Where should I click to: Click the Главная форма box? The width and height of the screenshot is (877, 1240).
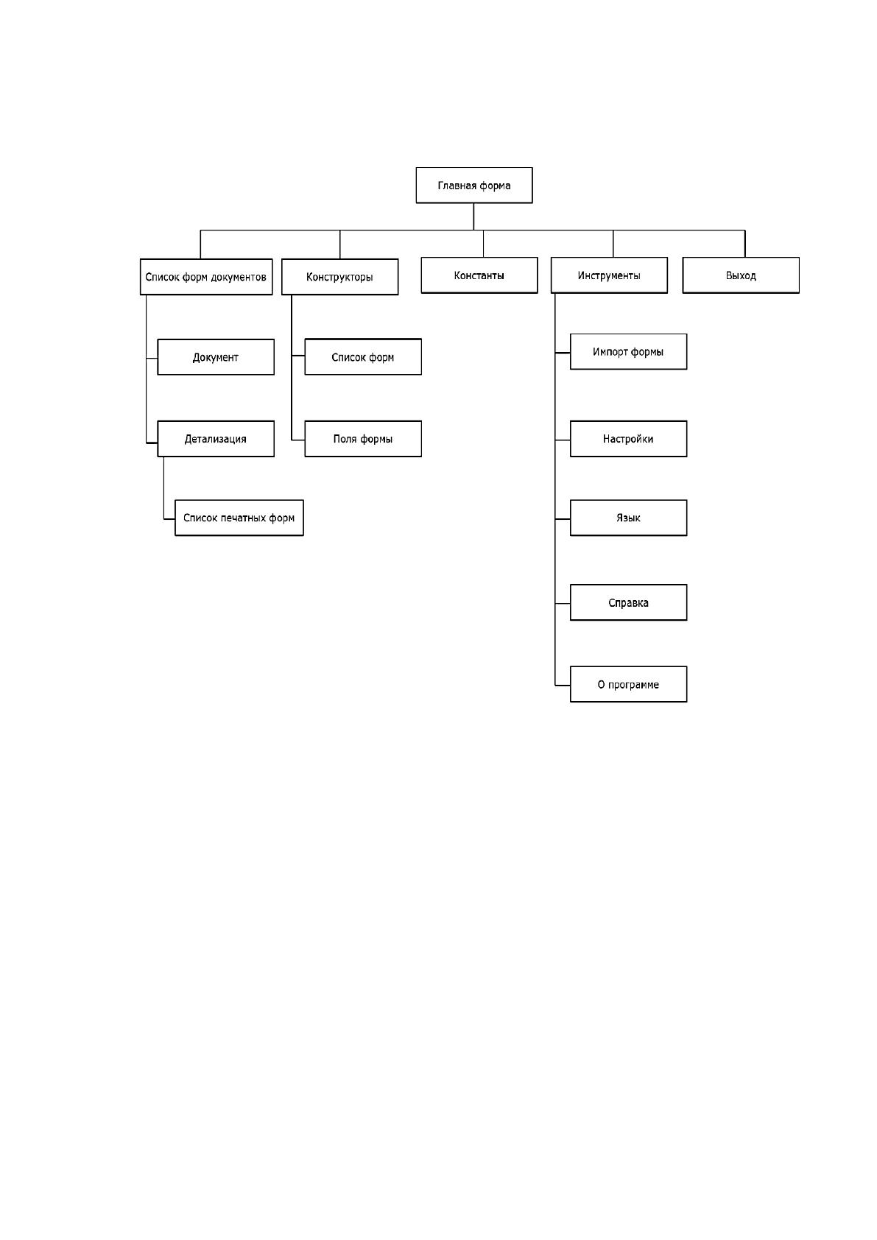coord(474,186)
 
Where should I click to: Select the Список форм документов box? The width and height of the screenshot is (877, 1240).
coord(206,277)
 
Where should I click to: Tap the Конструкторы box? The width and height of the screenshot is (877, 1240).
coord(340,277)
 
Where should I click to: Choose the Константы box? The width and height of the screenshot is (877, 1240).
coord(479,275)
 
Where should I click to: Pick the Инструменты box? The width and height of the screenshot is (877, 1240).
coord(609,275)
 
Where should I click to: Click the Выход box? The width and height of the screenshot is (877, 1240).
coord(741,275)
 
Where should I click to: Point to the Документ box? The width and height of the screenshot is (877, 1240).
coord(216,357)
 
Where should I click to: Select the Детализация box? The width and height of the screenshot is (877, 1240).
coord(216,439)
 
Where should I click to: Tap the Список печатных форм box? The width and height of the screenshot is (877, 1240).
coord(239,518)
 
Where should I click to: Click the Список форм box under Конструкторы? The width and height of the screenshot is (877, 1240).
coord(363,357)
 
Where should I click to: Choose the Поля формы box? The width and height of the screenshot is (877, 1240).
coord(363,439)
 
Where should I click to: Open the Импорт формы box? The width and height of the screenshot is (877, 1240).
coord(628,351)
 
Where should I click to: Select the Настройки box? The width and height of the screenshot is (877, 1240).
coord(628,439)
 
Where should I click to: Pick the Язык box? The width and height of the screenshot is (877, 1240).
coord(628,518)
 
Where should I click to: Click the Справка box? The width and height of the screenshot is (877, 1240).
coord(628,602)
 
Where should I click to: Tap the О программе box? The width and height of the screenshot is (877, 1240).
coord(628,684)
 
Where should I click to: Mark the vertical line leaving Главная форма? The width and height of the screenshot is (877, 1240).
coord(473,216)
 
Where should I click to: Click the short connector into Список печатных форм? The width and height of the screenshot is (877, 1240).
coord(169,519)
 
